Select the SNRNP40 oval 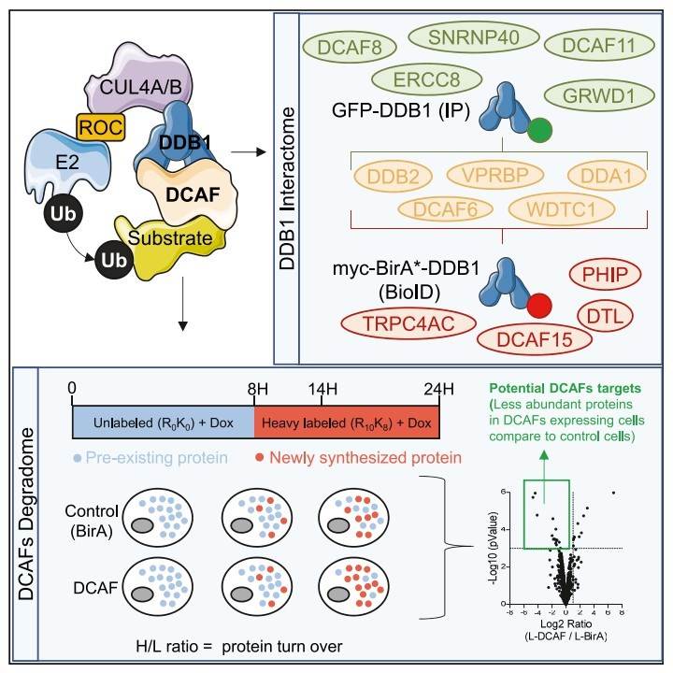pyautogui.click(x=464, y=37)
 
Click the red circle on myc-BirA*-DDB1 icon pyautogui.click(x=538, y=306)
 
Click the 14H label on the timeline pyautogui.click(x=349, y=387)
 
